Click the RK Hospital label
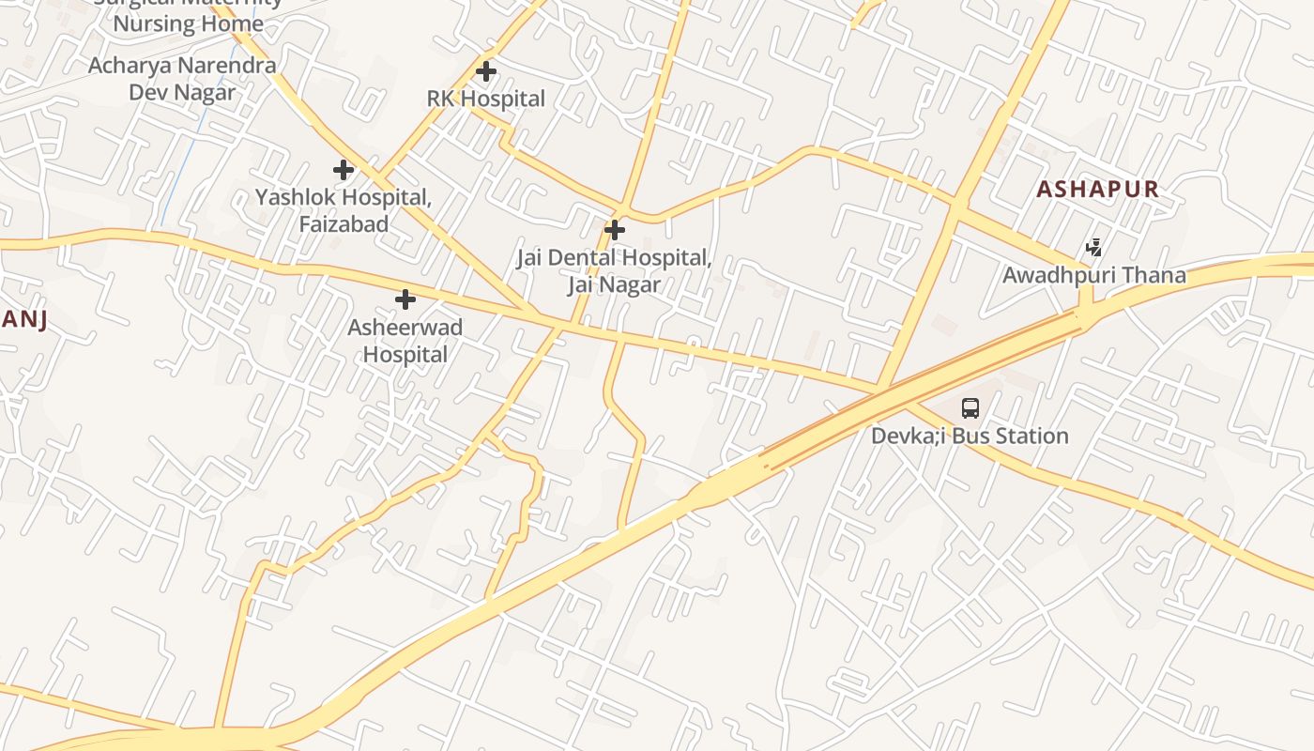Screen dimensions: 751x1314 485,99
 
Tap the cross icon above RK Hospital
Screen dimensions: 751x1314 485,70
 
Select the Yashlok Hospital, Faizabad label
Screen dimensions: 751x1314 344,211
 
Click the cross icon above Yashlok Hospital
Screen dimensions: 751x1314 344,170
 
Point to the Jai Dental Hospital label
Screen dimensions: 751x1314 614,270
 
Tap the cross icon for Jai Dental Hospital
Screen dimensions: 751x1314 615,229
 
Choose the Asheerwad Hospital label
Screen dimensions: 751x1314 405,341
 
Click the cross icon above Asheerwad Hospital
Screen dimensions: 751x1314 405,299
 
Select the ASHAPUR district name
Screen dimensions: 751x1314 1098,189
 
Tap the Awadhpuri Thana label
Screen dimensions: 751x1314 1094,275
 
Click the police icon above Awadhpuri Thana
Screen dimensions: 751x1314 1093,248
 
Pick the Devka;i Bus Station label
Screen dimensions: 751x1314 970,436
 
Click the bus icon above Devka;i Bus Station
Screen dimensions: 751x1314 970,408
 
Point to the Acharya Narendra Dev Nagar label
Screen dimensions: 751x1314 182,79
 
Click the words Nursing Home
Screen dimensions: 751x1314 188,23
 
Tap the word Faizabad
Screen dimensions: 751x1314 344,224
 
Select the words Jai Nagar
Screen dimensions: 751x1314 614,284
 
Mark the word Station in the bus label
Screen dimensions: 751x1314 1032,436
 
